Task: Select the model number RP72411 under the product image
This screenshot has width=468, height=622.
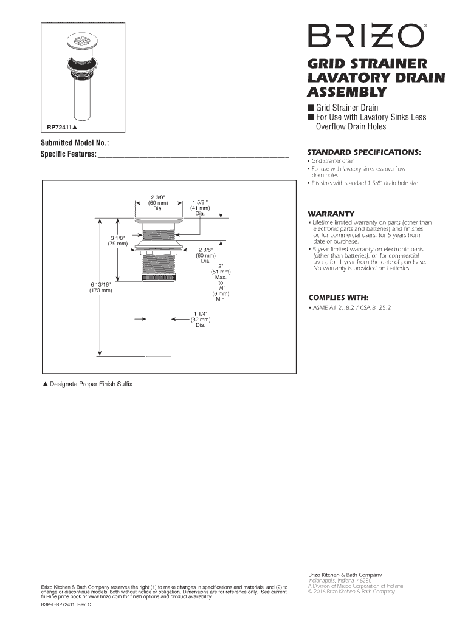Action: click(x=60, y=128)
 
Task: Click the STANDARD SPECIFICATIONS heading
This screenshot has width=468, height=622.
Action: click(x=364, y=151)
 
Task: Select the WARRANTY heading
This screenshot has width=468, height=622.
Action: click(x=331, y=214)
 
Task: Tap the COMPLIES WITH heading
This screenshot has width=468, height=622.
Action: click(x=338, y=298)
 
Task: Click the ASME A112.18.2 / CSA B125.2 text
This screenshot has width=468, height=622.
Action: click(x=352, y=308)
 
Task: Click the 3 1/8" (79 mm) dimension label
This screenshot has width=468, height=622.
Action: click(x=117, y=240)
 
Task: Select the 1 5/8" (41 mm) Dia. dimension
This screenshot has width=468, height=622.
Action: click(x=200, y=208)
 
